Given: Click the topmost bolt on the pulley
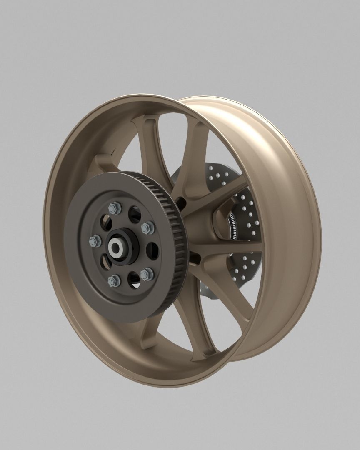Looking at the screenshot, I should (x=112, y=208).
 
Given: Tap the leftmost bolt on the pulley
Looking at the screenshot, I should (x=95, y=241).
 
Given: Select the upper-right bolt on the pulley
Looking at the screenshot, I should (x=148, y=227).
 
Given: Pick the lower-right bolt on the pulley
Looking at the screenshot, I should (x=147, y=274).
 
